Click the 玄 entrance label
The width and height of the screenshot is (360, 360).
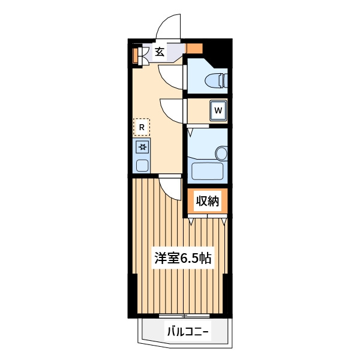(160, 52)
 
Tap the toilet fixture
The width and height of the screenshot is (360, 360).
(216, 80)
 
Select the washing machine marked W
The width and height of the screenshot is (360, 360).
(218, 110)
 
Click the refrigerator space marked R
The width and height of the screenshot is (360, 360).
(142, 127)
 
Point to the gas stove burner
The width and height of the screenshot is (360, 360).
(142, 147)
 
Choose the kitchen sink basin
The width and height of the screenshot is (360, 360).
(142, 165)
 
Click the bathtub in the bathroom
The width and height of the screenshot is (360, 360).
(207, 171)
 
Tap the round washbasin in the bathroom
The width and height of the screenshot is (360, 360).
(221, 153)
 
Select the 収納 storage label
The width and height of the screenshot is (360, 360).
(208, 201)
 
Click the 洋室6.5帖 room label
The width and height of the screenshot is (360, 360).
(183, 258)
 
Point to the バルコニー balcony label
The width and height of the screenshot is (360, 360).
(188, 332)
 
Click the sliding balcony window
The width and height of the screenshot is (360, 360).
(184, 316)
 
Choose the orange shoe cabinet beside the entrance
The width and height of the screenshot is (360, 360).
(136, 56)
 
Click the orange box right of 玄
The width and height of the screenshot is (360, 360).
(194, 49)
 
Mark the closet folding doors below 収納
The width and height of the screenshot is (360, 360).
(208, 218)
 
